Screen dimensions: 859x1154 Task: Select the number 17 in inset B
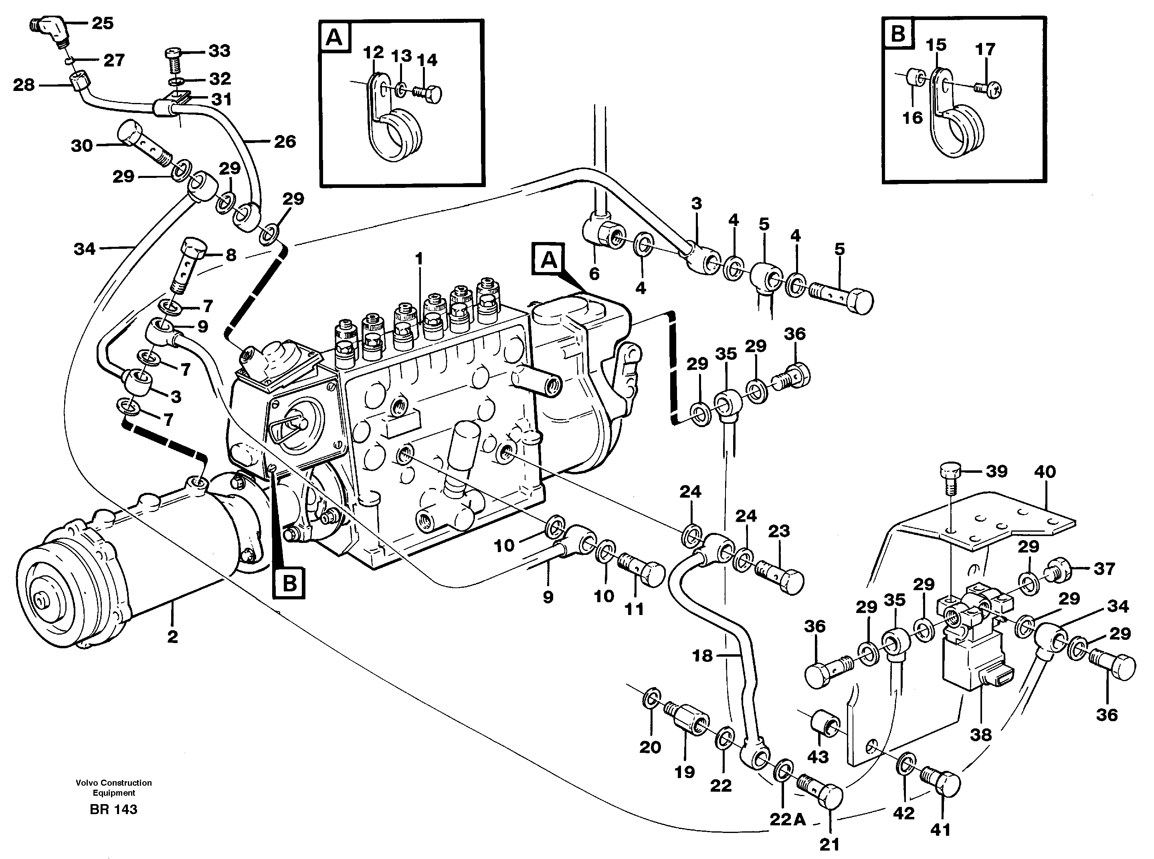tap(985, 49)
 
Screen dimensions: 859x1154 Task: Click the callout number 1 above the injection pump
tap(419, 258)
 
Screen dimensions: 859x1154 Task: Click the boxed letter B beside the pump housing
tap(289, 584)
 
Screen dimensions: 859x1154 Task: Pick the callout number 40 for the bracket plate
tap(1045, 472)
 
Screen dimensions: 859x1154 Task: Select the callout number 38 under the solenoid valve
tap(980, 735)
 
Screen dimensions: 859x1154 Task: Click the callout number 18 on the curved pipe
tap(703, 656)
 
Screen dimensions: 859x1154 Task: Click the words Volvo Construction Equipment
tap(113, 787)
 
